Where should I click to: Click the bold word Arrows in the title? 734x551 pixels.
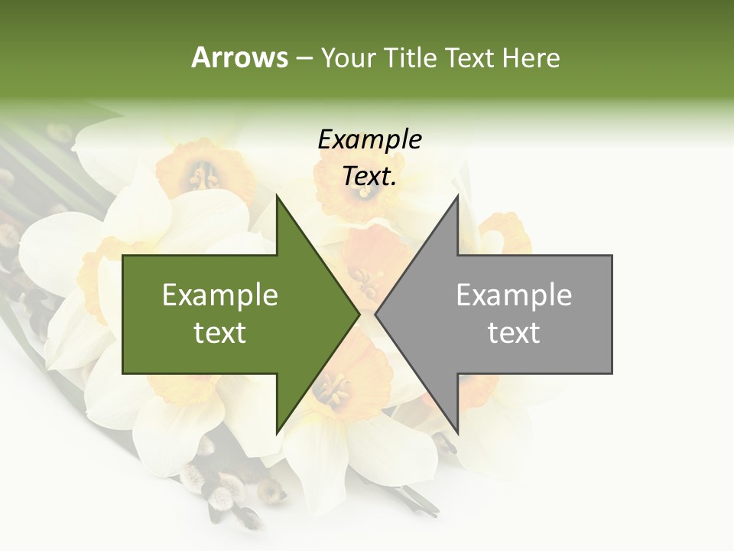[x=239, y=57]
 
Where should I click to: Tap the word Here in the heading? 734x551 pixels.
[x=531, y=58]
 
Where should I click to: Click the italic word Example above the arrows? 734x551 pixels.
[x=369, y=139]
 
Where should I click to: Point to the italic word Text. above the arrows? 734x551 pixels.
[x=369, y=176]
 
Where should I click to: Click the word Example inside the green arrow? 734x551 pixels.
[x=219, y=295]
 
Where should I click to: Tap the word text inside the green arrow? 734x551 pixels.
[x=219, y=332]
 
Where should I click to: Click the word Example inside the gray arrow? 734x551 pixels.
[x=514, y=295]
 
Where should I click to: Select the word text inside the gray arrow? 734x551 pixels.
[x=514, y=332]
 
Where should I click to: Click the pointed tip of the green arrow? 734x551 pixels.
[x=359, y=314]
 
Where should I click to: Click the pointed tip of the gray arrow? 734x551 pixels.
[x=376, y=314]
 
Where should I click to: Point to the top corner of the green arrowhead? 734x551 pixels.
[x=277, y=196]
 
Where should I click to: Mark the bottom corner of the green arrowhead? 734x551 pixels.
[x=277, y=432]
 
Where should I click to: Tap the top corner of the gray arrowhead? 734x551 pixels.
[x=457, y=196]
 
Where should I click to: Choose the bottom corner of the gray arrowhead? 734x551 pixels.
[x=457, y=432]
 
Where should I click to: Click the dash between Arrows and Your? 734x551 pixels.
[x=304, y=58]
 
